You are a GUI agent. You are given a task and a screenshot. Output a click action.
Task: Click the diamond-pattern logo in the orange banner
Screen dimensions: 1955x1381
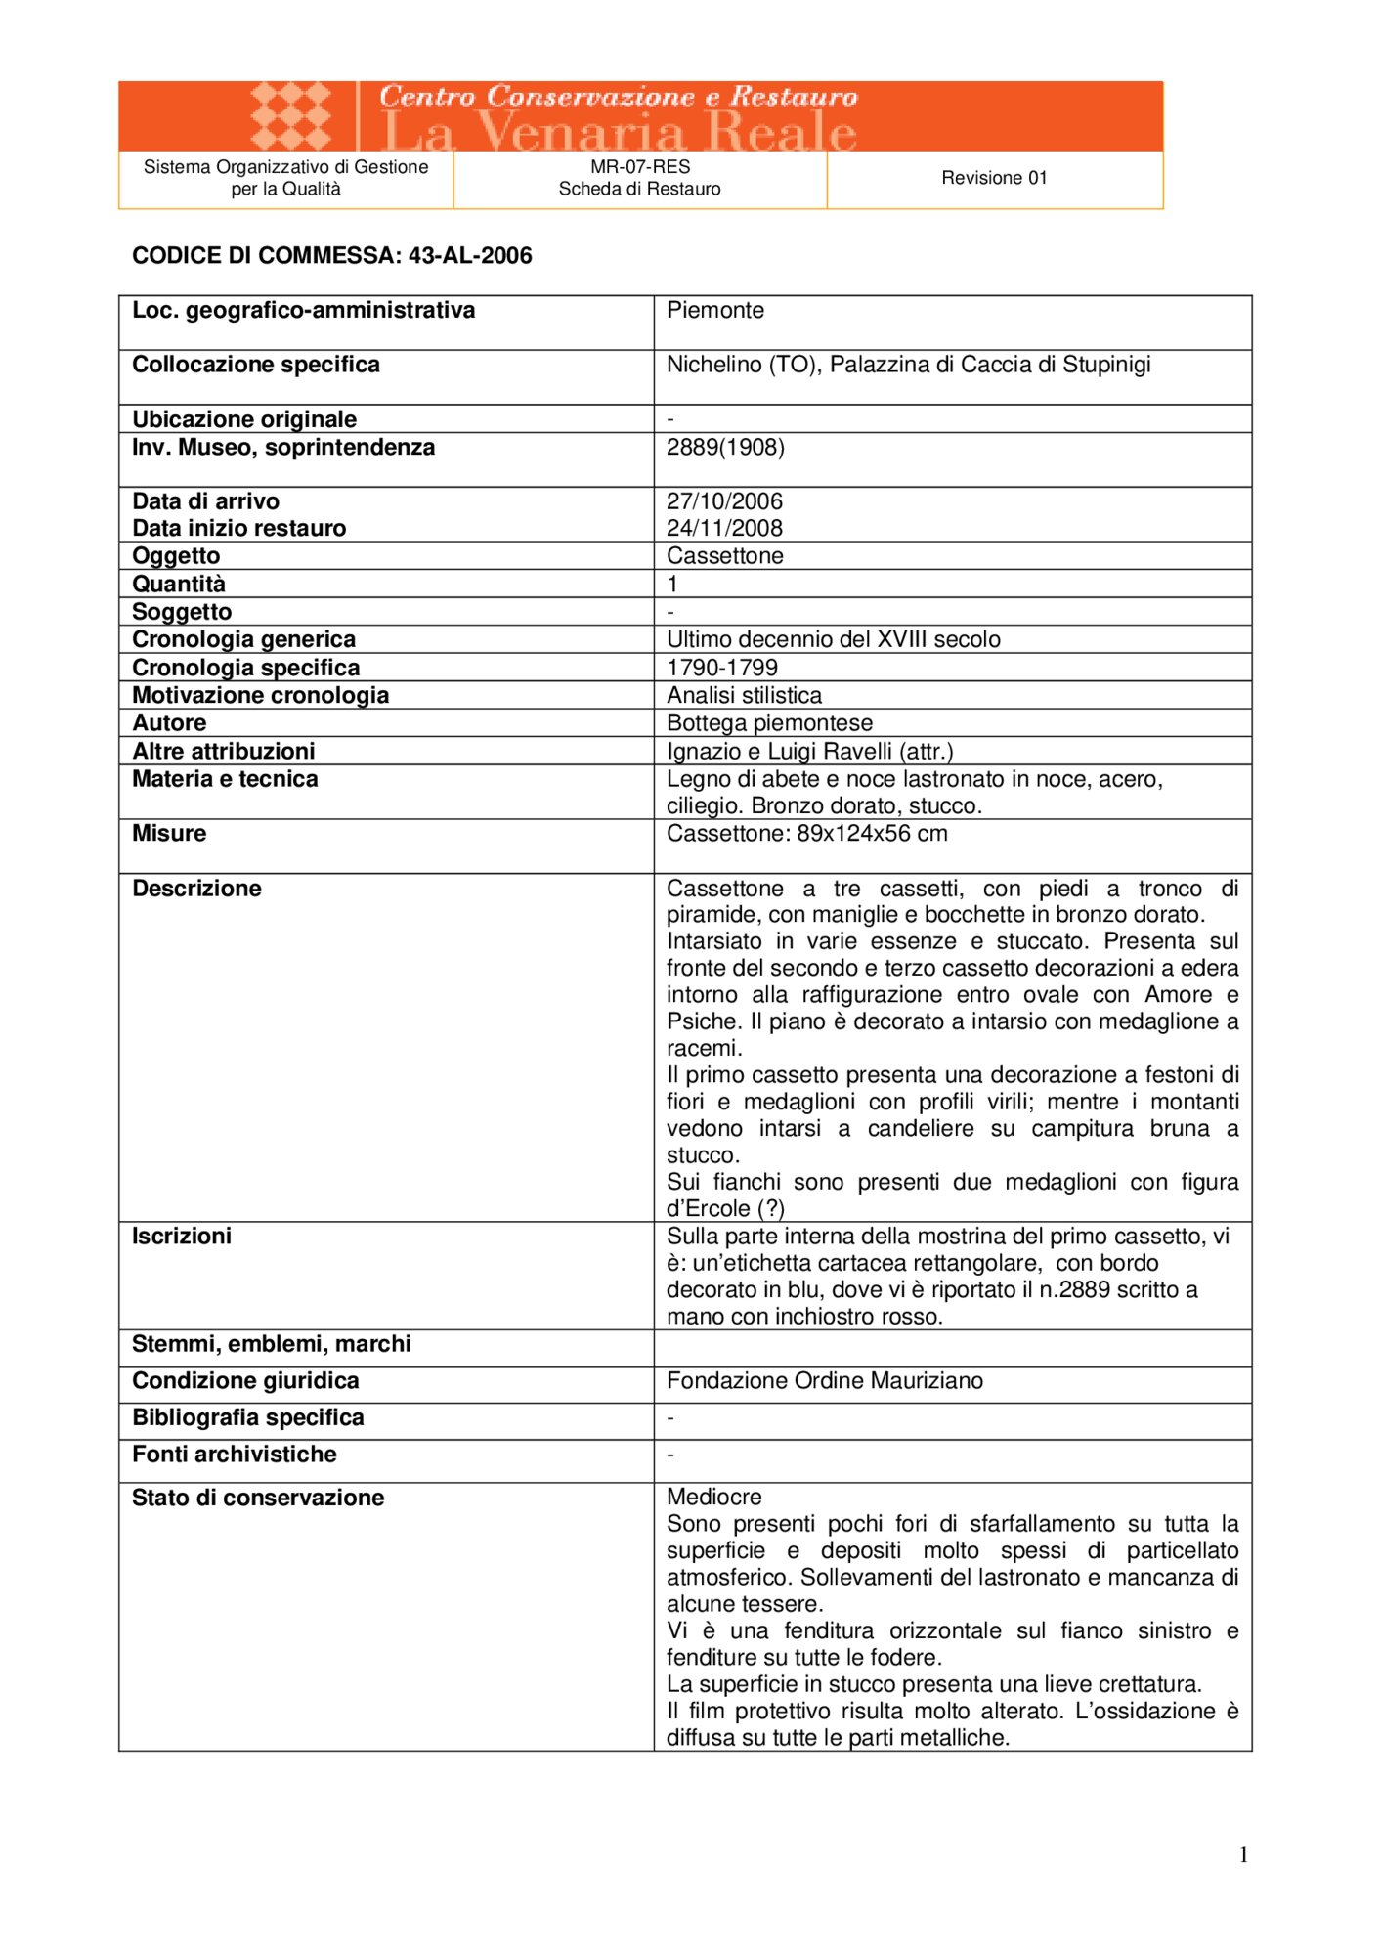pyautogui.click(x=290, y=116)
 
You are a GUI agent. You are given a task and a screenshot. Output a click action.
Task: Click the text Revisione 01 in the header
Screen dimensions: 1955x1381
pyautogui.click(x=994, y=178)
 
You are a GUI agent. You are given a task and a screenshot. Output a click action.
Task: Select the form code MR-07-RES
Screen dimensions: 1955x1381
pyautogui.click(x=640, y=167)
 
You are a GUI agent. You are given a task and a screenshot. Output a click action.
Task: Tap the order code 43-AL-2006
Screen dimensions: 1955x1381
pyautogui.click(x=470, y=256)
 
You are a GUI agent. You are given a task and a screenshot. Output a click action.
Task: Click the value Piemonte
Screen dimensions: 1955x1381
pyautogui.click(x=715, y=311)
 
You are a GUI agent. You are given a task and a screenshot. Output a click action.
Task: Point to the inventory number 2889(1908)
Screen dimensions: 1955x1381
pyautogui.click(x=725, y=448)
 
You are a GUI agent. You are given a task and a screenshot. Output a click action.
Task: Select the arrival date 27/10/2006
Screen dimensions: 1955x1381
pyautogui.click(x=724, y=501)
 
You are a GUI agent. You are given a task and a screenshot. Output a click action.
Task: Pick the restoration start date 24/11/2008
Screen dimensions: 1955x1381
pyautogui.click(x=724, y=529)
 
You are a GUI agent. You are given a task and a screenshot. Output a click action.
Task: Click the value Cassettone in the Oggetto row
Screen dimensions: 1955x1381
pyautogui.click(x=725, y=556)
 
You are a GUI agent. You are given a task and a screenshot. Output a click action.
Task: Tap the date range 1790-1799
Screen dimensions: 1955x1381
pyautogui.click(x=722, y=668)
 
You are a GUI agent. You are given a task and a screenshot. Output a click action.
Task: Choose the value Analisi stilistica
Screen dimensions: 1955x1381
pyautogui.click(x=744, y=695)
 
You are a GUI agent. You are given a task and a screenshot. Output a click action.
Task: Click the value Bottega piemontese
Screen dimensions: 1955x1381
pyautogui.click(x=769, y=723)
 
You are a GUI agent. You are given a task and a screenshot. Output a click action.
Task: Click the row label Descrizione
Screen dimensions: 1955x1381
pyautogui.click(x=196, y=889)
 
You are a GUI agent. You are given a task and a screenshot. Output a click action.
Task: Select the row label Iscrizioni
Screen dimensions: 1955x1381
pyautogui.click(x=182, y=1237)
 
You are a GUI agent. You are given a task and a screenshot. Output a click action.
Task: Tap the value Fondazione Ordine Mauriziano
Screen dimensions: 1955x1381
pyautogui.click(x=825, y=1381)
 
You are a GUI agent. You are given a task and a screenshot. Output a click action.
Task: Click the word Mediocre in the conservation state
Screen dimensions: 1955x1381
pyautogui.click(x=714, y=1498)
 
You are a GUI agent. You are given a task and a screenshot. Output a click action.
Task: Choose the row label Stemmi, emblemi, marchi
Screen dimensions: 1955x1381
pyautogui.click(x=272, y=1344)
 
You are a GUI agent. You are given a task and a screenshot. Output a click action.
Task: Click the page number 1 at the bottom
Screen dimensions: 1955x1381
pyautogui.click(x=1243, y=1855)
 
